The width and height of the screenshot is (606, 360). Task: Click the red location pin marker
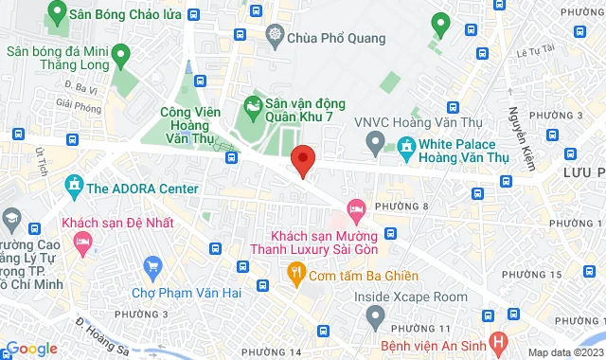[x=302, y=160]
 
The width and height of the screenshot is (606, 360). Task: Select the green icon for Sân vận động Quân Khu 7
[x=252, y=102]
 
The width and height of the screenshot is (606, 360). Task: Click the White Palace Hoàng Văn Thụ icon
[x=406, y=147]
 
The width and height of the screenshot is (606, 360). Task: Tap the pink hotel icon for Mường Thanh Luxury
[x=356, y=207]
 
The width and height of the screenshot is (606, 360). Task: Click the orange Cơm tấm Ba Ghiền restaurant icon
[x=295, y=275]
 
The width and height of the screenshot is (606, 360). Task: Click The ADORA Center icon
[x=74, y=189]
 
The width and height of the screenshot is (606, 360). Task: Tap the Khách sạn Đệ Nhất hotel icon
[x=83, y=243]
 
